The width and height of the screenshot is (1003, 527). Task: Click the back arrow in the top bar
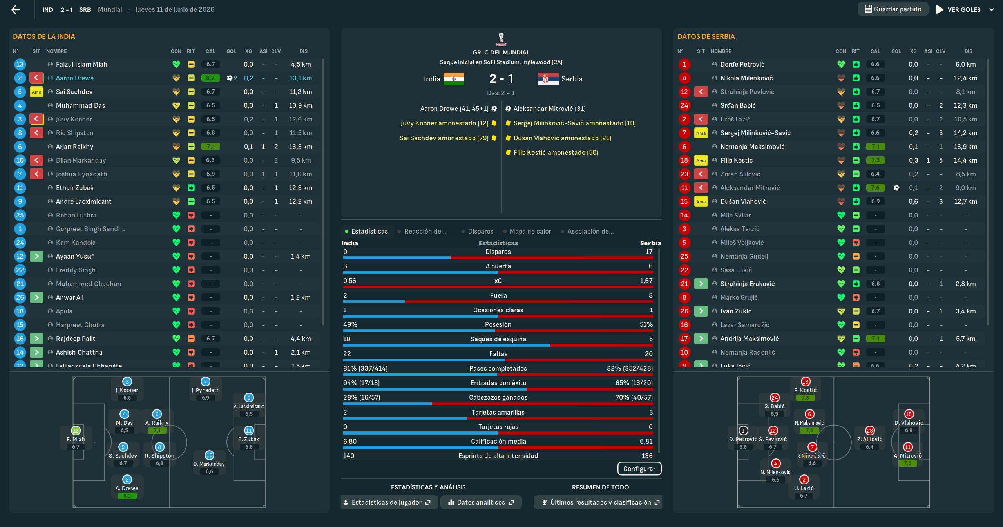pos(16,10)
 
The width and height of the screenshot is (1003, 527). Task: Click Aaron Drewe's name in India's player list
pos(74,78)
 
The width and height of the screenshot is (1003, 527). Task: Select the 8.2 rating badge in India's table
pos(210,78)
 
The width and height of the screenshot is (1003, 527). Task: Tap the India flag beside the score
pos(454,79)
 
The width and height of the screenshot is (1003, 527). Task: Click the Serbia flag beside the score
pos(548,79)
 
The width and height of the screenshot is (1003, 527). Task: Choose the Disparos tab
pos(480,231)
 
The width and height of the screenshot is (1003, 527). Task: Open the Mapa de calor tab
pos(530,231)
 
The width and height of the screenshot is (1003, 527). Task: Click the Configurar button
pos(639,469)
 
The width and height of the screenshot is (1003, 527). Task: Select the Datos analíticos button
pos(481,502)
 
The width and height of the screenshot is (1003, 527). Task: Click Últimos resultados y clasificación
pos(601,502)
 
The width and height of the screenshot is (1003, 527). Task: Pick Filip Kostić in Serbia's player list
pos(736,160)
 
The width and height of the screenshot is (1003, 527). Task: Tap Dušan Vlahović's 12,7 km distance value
pos(965,201)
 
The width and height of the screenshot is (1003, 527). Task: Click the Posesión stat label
pos(498,324)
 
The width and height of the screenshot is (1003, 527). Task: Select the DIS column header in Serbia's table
pos(968,51)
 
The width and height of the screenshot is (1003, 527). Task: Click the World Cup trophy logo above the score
pos(501,39)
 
